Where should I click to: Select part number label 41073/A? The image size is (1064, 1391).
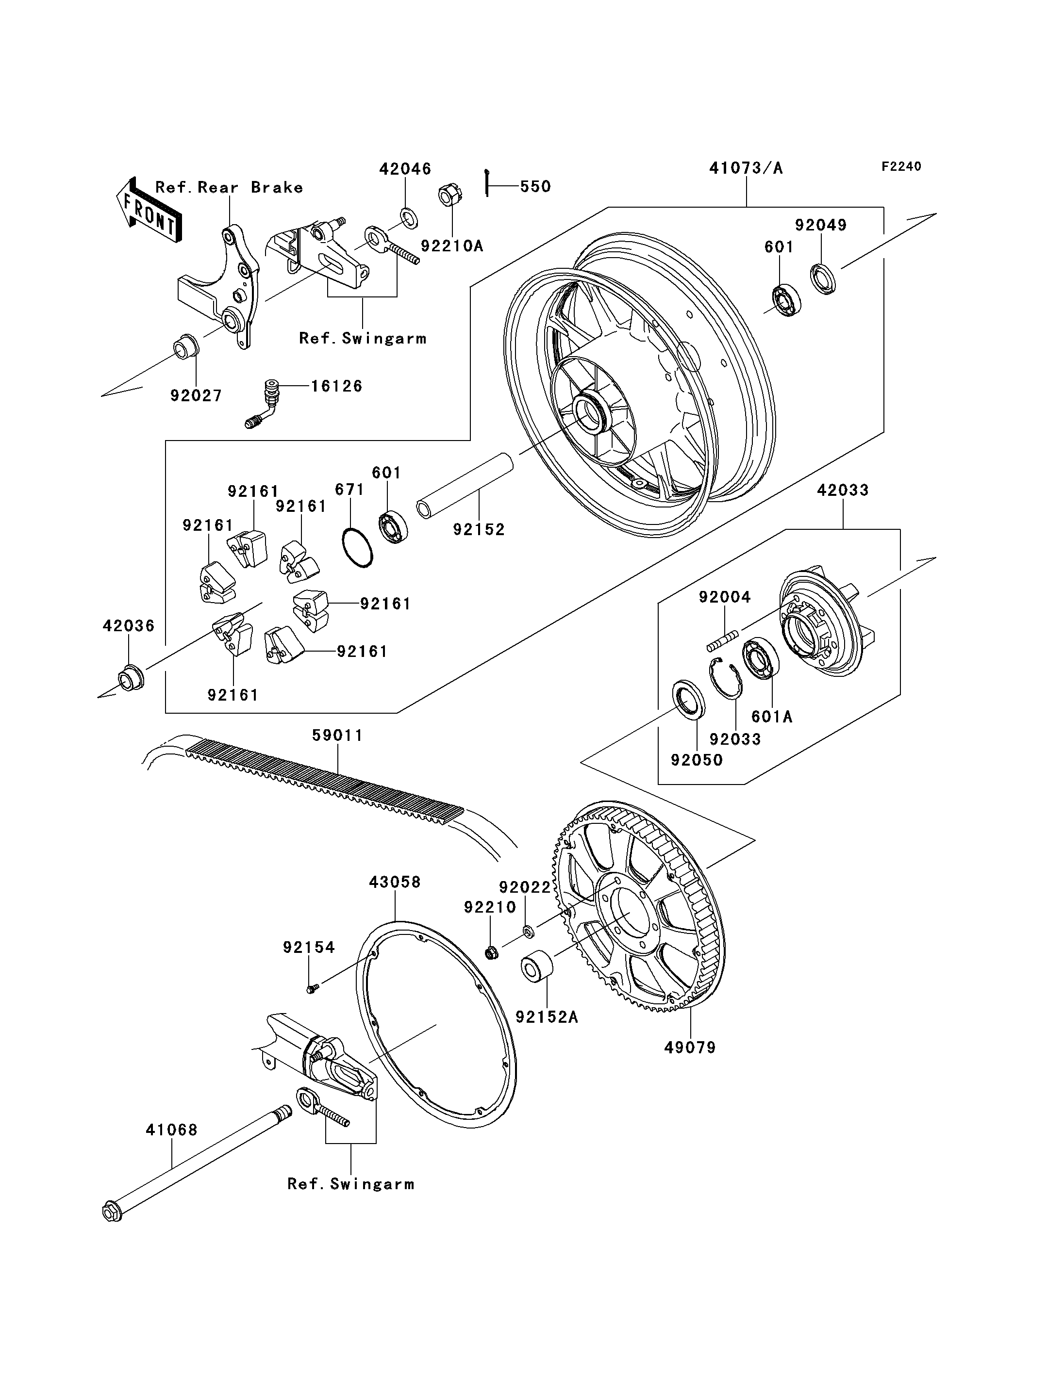point(746,168)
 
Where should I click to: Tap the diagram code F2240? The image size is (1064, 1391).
point(901,166)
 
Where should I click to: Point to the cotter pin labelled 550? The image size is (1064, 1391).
point(486,182)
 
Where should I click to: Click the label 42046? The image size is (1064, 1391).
point(405,168)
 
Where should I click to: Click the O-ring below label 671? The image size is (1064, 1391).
point(357,548)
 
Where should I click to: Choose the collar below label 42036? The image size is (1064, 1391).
point(131,678)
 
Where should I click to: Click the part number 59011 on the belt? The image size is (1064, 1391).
point(337,735)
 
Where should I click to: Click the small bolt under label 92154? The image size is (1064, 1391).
point(312,988)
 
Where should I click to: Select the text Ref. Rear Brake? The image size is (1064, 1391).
point(229,187)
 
